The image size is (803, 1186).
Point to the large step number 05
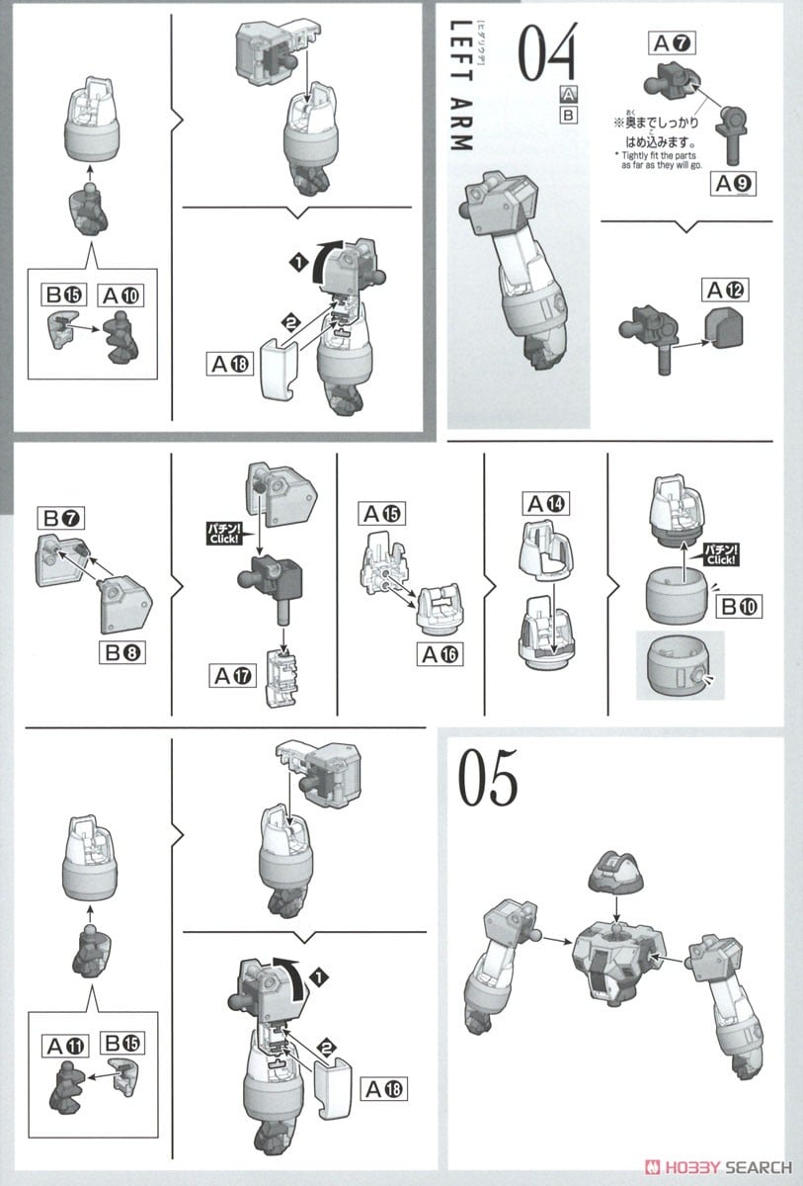487,777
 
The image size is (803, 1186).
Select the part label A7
672,42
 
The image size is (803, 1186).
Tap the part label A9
733,184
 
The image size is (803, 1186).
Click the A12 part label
725,291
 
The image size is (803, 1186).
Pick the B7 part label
61,518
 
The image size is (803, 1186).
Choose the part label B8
122,652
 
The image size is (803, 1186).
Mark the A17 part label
232,676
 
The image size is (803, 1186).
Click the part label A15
382,513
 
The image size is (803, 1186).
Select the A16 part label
441,654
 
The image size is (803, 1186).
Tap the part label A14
546,503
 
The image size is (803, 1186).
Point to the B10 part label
739,606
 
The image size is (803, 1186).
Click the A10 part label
120,295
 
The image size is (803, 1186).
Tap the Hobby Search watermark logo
719,1167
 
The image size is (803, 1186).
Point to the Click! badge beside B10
720,554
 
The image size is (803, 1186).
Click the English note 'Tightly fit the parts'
658,156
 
